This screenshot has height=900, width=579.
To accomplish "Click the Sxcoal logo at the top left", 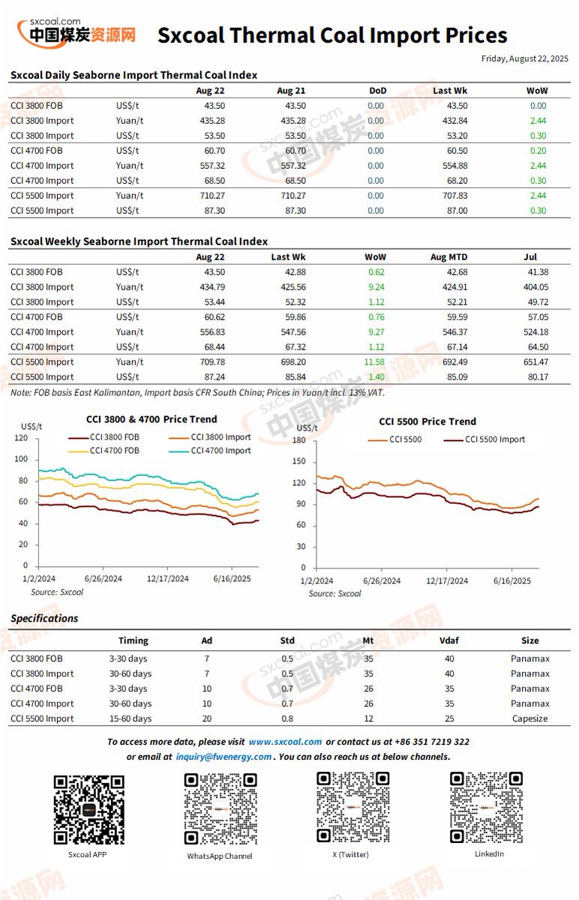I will pyautogui.click(x=76, y=31).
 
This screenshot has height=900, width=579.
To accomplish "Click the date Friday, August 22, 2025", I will pyautogui.click(x=524, y=58).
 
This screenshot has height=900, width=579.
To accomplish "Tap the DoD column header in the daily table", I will pyautogui.click(x=377, y=91).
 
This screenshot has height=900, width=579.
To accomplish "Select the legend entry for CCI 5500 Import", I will pyautogui.click(x=494, y=439).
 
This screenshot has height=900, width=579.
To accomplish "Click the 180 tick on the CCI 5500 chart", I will pyautogui.click(x=299, y=439).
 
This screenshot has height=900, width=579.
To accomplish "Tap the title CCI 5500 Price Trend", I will pyautogui.click(x=427, y=421).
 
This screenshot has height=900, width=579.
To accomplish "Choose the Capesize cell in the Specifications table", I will pyautogui.click(x=529, y=718).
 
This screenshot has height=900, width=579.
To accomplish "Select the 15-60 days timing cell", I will pyautogui.click(x=130, y=718).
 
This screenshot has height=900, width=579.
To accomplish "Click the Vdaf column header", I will pyautogui.click(x=448, y=640).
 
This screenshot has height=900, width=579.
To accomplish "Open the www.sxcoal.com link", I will pyautogui.click(x=285, y=742).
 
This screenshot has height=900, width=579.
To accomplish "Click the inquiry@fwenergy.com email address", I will pyautogui.click(x=223, y=757).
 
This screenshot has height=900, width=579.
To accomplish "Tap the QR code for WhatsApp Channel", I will pyautogui.click(x=220, y=809).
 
